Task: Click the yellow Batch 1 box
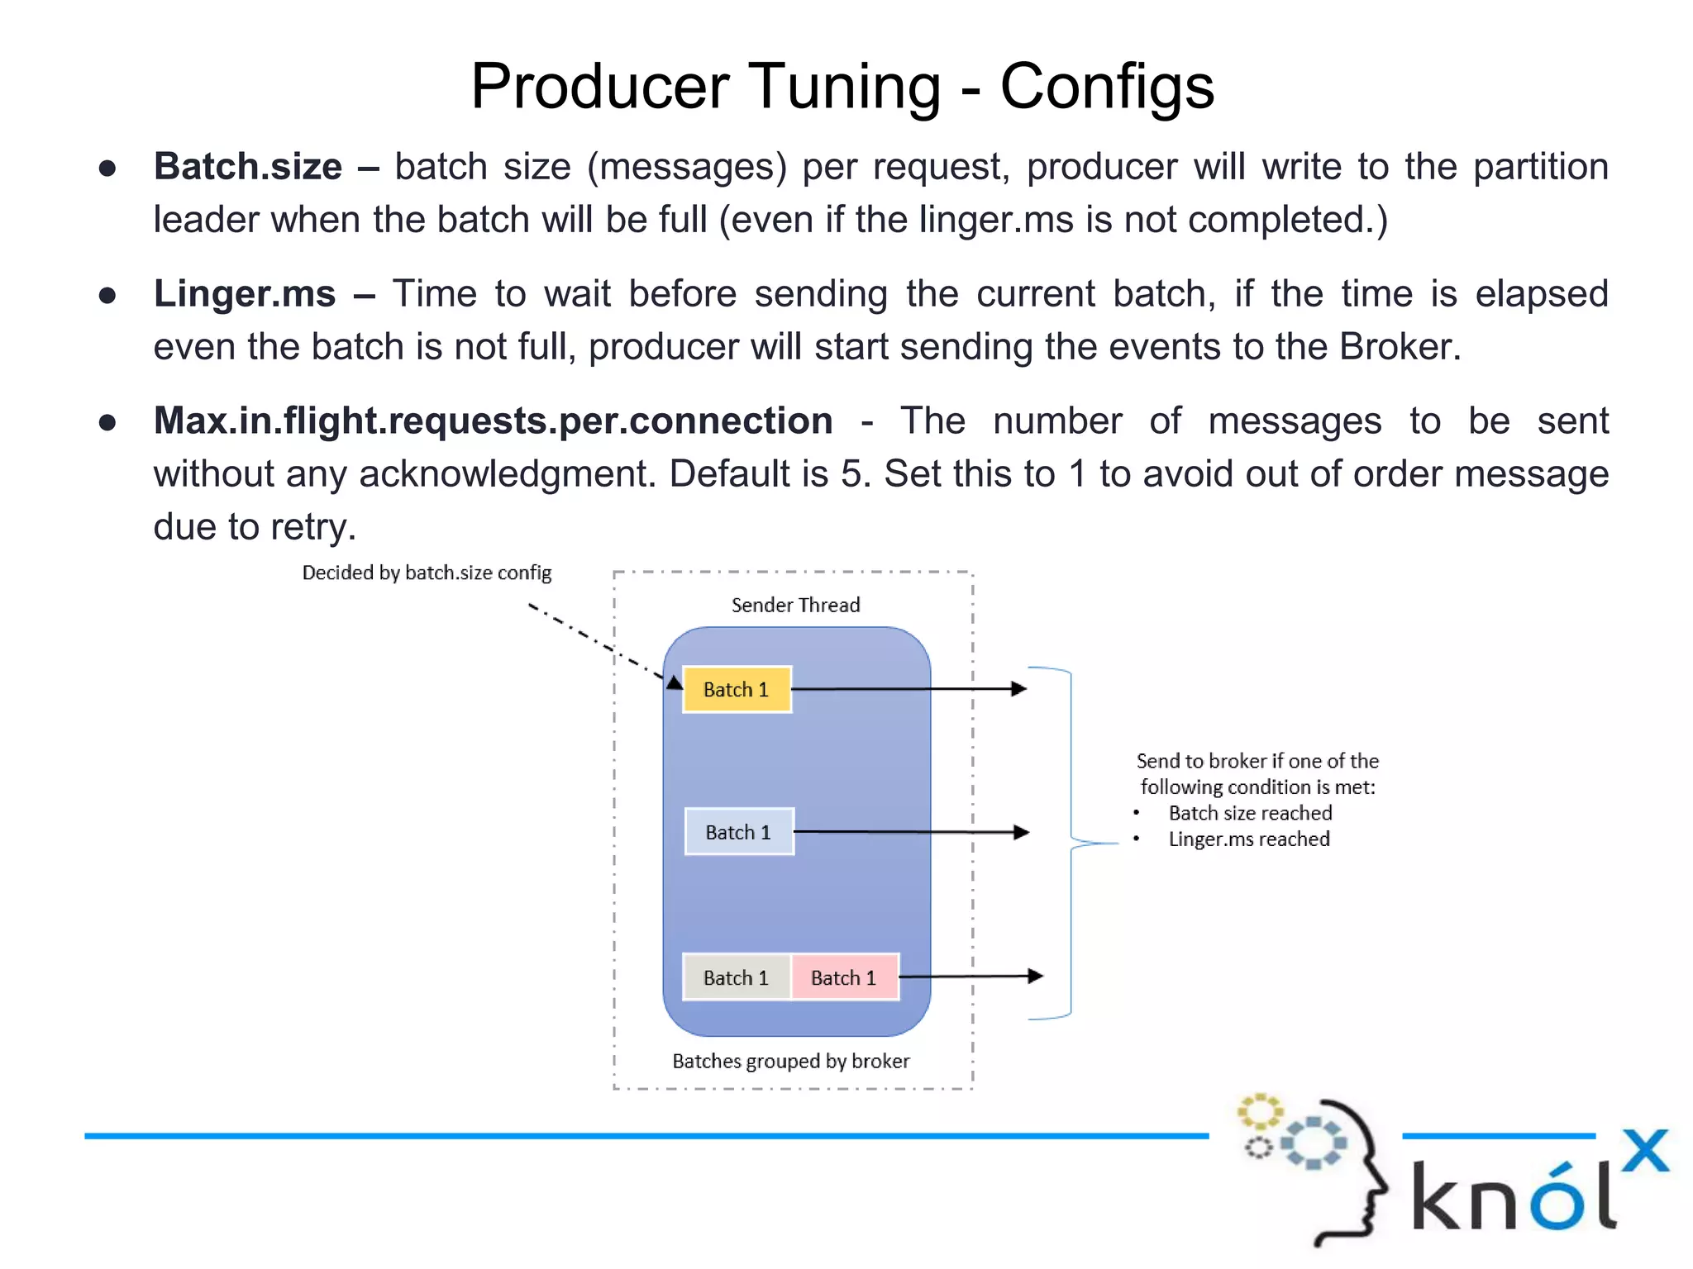pyautogui.click(x=737, y=689)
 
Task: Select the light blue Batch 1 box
pyautogui.click(x=739, y=832)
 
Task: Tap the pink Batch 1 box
pyautogui.click(x=844, y=977)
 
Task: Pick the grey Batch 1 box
pyautogui.click(x=736, y=977)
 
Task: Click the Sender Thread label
pyautogui.click(x=795, y=606)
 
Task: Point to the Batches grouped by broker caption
pyautogui.click(x=790, y=1062)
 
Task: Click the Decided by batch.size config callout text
pyautogui.click(x=427, y=573)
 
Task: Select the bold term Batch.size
pyautogui.click(x=248, y=167)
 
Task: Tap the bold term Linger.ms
pyautogui.click(x=245, y=294)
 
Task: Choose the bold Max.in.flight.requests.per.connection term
pyautogui.click(x=493, y=421)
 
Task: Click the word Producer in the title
pyautogui.click(x=600, y=86)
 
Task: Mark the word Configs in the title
pyautogui.click(x=1107, y=86)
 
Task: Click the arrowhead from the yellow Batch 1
pyautogui.click(x=1019, y=688)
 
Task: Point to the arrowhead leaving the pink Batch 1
pyautogui.click(x=1035, y=976)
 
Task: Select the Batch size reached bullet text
pyautogui.click(x=1250, y=814)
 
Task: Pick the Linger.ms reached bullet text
pyautogui.click(x=1248, y=839)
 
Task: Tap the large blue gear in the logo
pyautogui.click(x=1313, y=1143)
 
